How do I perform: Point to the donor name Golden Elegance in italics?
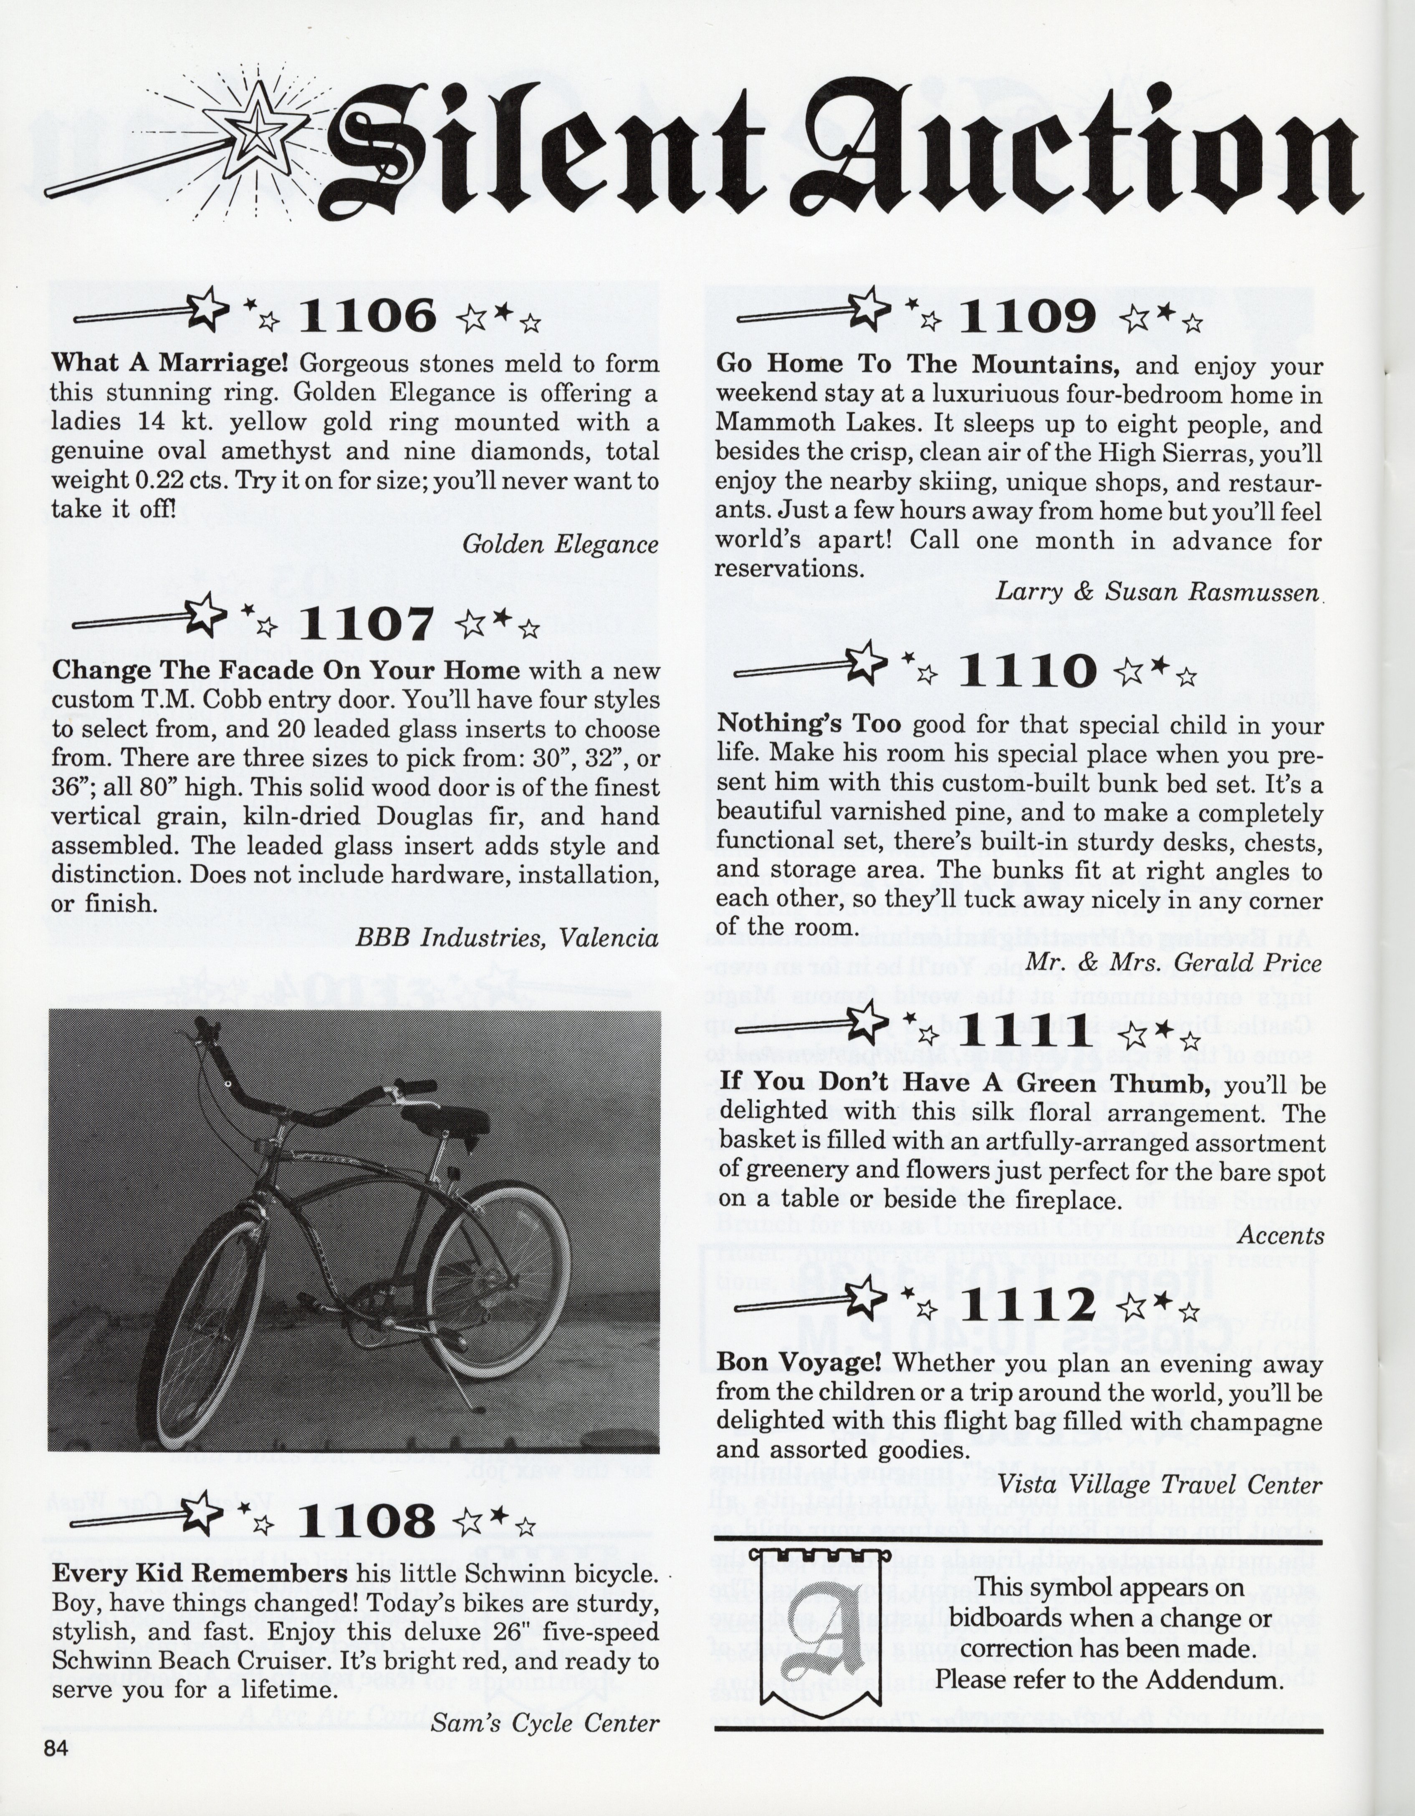pos(560,545)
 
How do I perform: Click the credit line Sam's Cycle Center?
pos(545,1722)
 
